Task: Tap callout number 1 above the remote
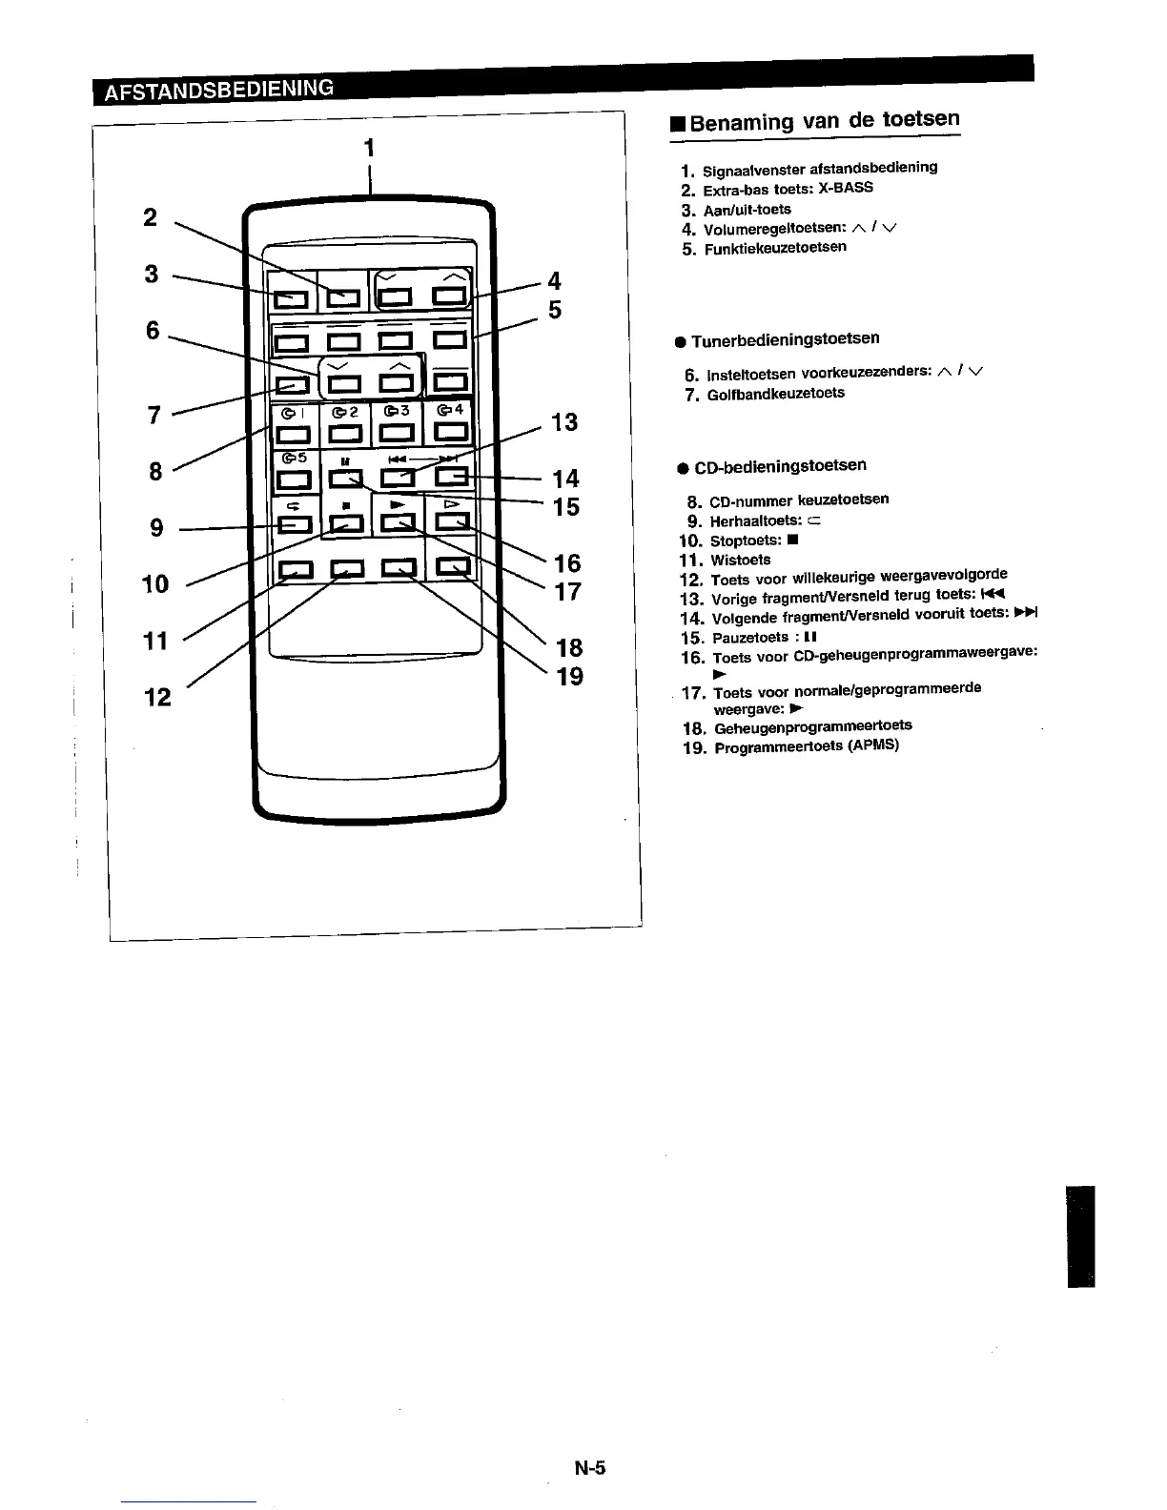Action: click(x=369, y=148)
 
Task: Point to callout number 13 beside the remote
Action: click(x=564, y=422)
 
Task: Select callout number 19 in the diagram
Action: click(x=569, y=677)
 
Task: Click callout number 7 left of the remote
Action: click(x=154, y=416)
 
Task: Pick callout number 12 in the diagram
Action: click(x=158, y=698)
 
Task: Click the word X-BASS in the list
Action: click(x=845, y=188)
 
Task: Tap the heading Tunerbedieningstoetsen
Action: click(x=785, y=339)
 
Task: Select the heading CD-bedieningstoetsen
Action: click(x=780, y=467)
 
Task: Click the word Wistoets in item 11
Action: click(x=741, y=561)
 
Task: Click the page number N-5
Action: click(x=590, y=1468)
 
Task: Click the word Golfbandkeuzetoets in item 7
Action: click(x=775, y=394)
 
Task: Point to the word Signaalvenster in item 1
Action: click(x=749, y=171)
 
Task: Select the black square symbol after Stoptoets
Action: click(x=792, y=541)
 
